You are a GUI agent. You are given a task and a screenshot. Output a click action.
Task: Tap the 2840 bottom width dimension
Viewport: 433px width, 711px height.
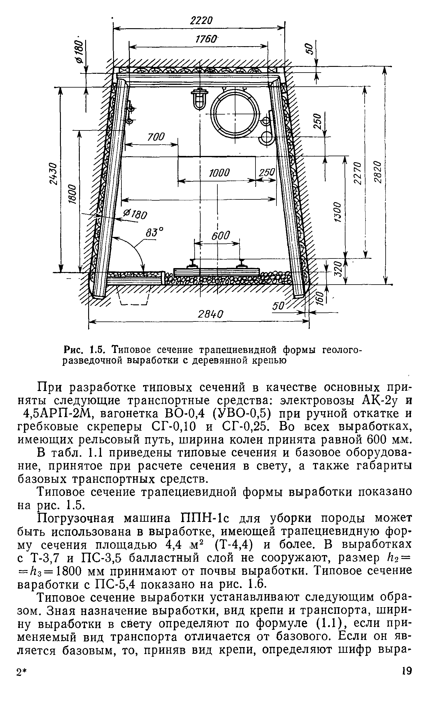pos(211,314)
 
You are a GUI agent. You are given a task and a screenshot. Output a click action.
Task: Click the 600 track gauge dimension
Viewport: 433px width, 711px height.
pos(220,236)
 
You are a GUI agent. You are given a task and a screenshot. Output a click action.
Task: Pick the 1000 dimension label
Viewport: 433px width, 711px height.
pos(219,173)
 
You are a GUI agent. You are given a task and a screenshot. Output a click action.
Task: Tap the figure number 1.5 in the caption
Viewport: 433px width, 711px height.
pos(97,350)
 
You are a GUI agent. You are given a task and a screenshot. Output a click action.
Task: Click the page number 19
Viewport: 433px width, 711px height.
pos(407,688)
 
